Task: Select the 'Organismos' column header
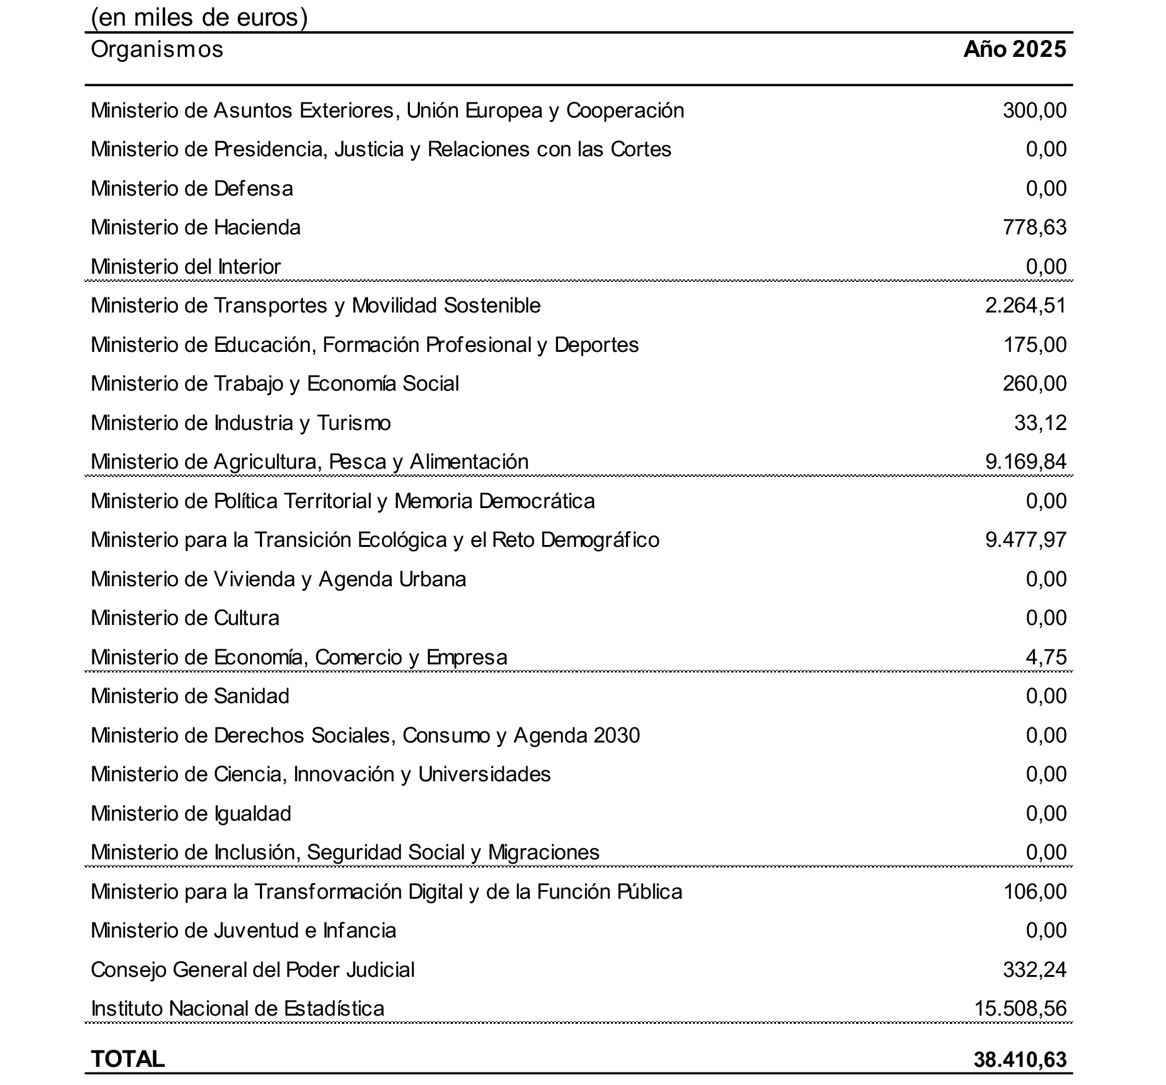[157, 49]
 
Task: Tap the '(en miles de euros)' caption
[199, 17]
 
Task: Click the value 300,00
[1034, 111]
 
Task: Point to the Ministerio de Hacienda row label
[196, 227]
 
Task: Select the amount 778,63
[1034, 227]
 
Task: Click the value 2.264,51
[1025, 306]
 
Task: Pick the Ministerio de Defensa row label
[192, 189]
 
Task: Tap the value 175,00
[1034, 345]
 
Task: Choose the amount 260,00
[1034, 384]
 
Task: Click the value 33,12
[1040, 423]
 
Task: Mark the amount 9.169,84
[1025, 462]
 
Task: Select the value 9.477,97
[1025, 540]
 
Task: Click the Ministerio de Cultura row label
[185, 618]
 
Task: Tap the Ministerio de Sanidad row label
[190, 696]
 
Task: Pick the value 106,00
[1034, 892]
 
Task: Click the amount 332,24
[1034, 970]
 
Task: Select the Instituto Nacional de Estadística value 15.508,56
[1020, 1009]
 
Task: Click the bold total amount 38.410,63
[1019, 1059]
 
